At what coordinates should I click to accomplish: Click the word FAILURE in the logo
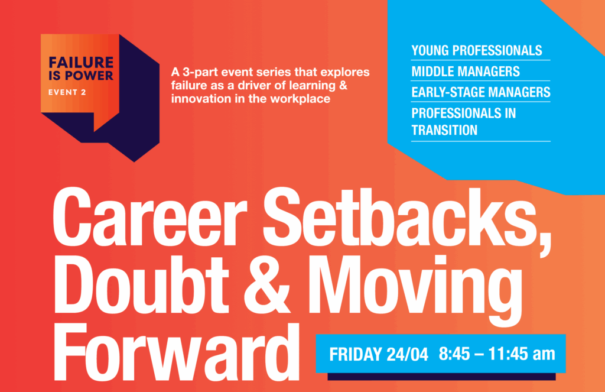[x=81, y=62]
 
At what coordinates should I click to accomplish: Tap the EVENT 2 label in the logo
[x=67, y=92]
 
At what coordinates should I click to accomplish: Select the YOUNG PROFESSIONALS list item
[x=477, y=51]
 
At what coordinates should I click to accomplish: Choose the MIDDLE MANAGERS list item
[x=466, y=72]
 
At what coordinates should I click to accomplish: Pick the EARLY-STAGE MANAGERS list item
[x=481, y=92]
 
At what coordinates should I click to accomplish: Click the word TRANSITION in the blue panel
[x=444, y=130]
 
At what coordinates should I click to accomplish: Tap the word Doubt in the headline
[x=141, y=285]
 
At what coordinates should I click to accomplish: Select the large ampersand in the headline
[x=266, y=285]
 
